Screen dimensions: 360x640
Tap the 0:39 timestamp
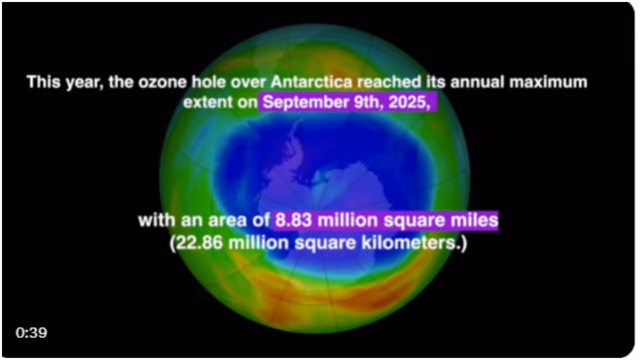[31, 333]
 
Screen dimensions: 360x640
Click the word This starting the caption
[44, 81]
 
